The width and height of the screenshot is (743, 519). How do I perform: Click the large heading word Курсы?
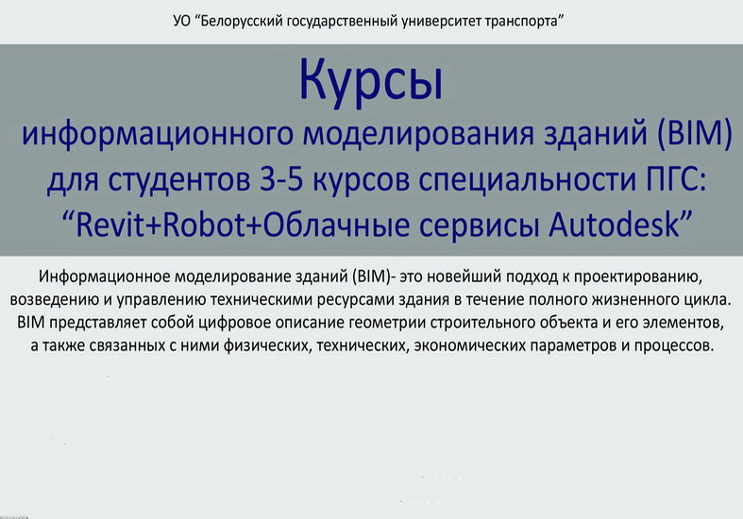coord(371,81)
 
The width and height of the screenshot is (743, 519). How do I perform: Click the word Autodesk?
coord(615,225)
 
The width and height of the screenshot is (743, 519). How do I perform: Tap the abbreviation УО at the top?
coord(182,22)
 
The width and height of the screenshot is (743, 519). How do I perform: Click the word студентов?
coord(179,180)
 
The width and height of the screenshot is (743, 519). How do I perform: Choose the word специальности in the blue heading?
coord(525,180)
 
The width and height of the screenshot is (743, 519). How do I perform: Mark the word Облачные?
coord(336,225)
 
